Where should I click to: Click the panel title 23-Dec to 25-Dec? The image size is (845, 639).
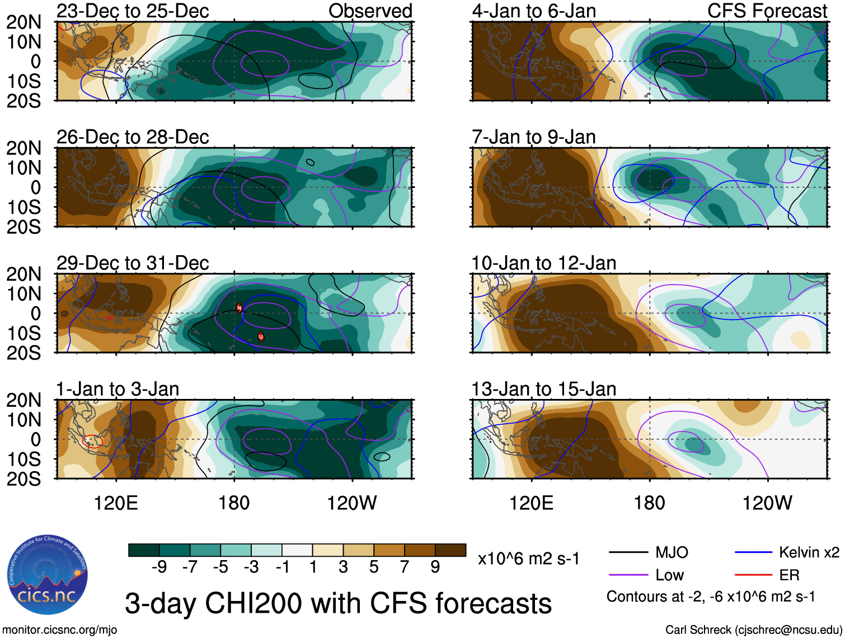tap(133, 11)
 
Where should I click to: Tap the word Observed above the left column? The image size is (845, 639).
tap(370, 11)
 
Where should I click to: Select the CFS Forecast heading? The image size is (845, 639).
tap(767, 11)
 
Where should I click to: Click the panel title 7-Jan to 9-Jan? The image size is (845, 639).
tap(533, 137)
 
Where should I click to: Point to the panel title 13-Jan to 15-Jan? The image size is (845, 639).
tap(543, 389)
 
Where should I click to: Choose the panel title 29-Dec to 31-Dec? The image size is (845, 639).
tap(133, 263)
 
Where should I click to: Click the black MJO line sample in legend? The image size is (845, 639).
tap(628, 553)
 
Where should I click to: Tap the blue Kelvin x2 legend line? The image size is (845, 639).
tap(753, 553)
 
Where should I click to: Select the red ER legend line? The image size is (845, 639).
tap(753, 575)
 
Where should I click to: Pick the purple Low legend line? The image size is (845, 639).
tap(628, 575)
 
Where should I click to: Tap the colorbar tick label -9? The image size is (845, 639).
tap(159, 567)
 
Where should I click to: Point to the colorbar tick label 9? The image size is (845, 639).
tap(435, 567)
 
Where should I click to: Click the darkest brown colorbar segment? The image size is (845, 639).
tap(450, 550)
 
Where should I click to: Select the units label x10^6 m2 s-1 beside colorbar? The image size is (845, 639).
tap(528, 558)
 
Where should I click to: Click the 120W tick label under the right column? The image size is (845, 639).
tap(767, 503)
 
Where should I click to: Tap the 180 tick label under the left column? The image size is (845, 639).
tap(234, 503)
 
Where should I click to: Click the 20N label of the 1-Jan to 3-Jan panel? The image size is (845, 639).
tap(24, 400)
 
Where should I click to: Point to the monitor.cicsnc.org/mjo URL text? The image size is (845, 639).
tap(59, 630)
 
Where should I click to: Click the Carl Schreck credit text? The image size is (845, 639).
tap(753, 630)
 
